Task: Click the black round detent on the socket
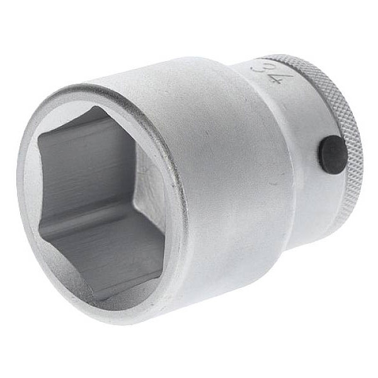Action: click(x=333, y=155)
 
